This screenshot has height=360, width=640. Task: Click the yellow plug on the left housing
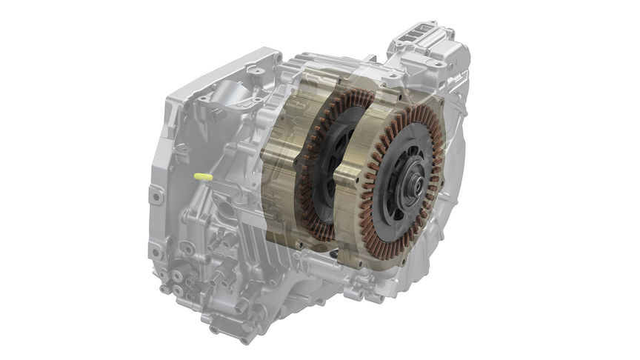tap(202, 177)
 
